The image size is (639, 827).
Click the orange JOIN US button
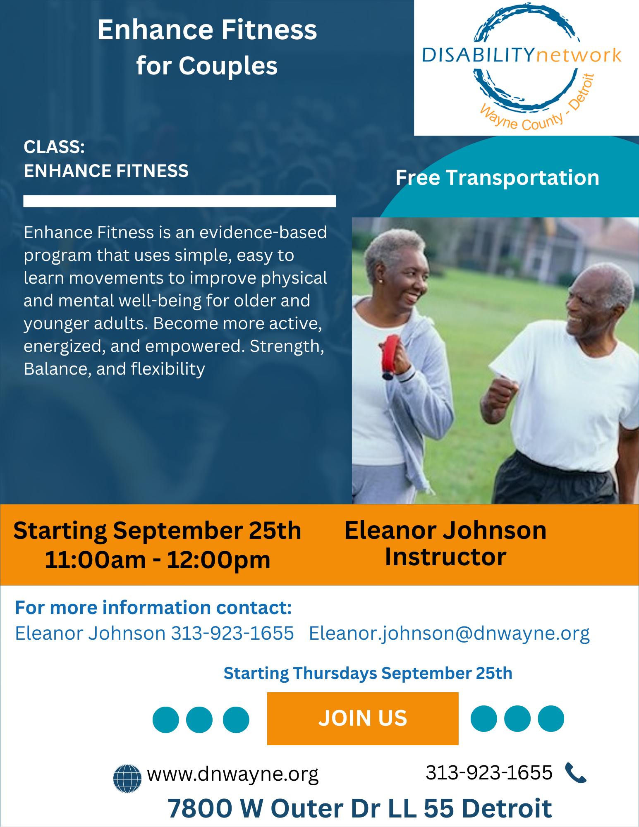point(363,719)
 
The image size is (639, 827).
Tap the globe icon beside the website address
point(127,779)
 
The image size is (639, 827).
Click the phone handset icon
point(575,773)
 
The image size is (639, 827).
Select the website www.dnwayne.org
point(233,774)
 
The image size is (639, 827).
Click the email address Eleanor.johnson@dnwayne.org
point(450,633)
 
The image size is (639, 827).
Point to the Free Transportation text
point(498,178)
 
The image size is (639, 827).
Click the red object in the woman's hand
point(390,356)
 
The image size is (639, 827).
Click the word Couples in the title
point(228,66)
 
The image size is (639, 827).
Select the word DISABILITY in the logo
point(479,55)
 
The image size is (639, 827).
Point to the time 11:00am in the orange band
point(96,560)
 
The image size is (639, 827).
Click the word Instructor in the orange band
point(445,557)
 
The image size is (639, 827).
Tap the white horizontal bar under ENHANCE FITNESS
point(179,201)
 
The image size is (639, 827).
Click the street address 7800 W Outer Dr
point(273,808)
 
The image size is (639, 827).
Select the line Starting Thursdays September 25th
point(368,673)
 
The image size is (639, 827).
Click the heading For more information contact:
point(153,608)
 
